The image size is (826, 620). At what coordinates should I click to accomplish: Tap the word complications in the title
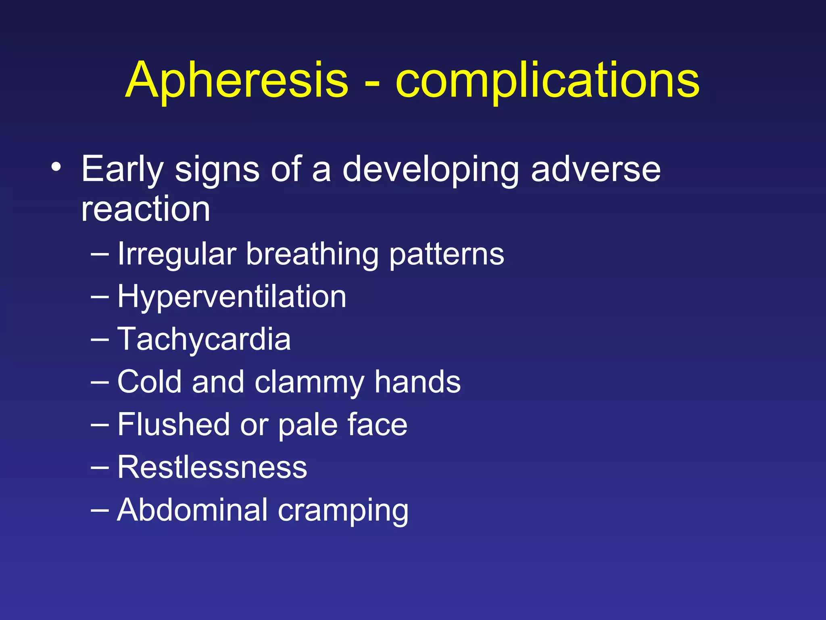coord(547,81)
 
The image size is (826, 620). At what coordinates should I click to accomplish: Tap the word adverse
coord(596,170)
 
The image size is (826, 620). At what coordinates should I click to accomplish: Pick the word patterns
coord(446,255)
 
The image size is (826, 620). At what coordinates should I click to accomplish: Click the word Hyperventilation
coord(232,297)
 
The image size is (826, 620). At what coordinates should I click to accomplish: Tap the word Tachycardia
coord(204,339)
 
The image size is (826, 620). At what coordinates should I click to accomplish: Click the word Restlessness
coord(212,467)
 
